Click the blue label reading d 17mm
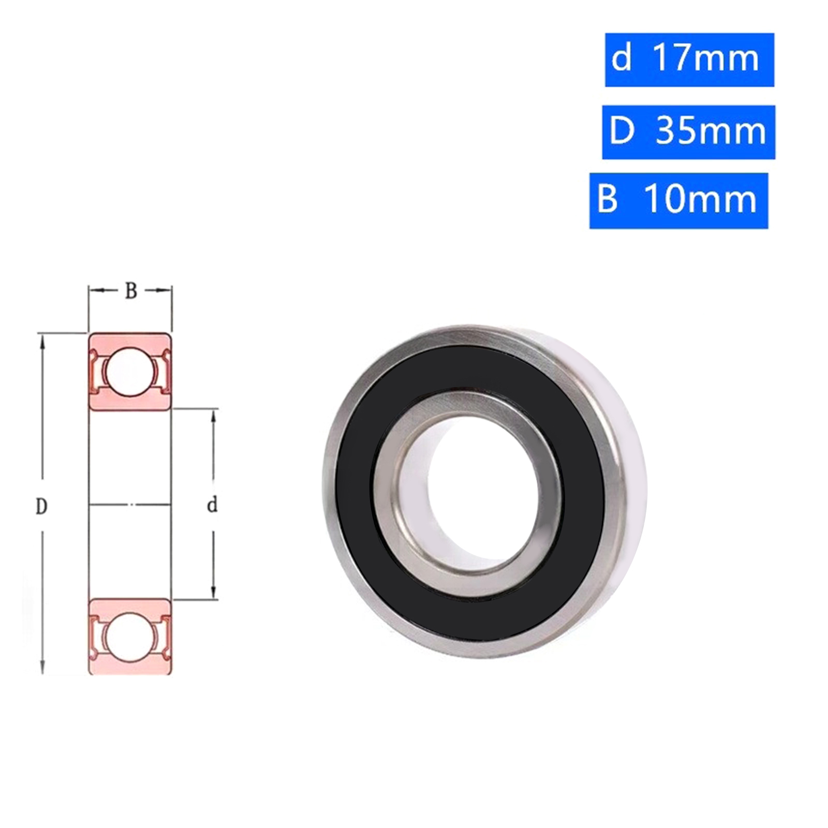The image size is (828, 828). (689, 60)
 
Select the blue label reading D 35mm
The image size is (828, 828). (688, 132)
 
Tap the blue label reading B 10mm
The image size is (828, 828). (678, 201)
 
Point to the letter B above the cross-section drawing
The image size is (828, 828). (131, 291)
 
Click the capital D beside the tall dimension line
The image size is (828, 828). (41, 506)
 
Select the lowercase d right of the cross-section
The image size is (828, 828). (212, 505)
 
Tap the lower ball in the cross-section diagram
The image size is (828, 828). (129, 637)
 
